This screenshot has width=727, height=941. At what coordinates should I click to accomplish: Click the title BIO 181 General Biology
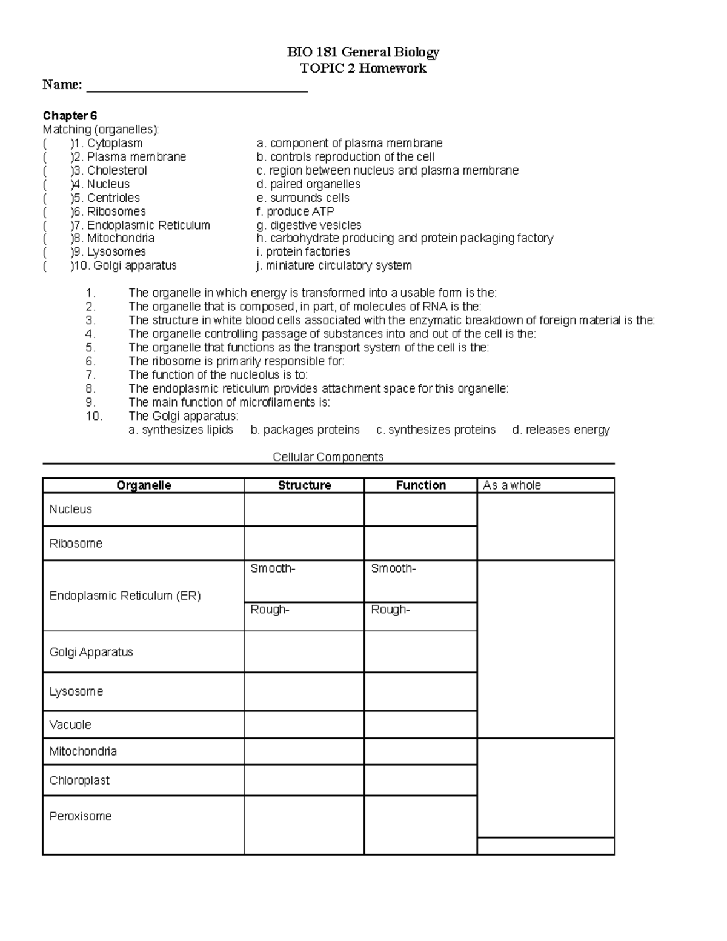click(x=363, y=52)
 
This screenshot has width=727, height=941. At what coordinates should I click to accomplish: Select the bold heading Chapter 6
click(x=70, y=116)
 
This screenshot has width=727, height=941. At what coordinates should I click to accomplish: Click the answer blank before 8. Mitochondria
click(x=57, y=238)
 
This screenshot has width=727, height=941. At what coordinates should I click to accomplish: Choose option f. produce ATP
click(x=295, y=211)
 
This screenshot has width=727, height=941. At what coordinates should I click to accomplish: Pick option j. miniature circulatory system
click(x=334, y=265)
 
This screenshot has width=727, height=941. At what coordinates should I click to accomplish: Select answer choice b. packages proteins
click(x=305, y=430)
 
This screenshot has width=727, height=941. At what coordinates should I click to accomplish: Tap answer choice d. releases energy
click(x=560, y=430)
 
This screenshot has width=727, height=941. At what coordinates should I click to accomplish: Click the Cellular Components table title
click(x=328, y=457)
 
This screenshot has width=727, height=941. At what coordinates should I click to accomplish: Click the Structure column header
click(x=304, y=485)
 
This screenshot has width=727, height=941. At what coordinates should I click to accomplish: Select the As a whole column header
click(x=512, y=485)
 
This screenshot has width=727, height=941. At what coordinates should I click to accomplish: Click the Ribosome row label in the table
click(x=76, y=544)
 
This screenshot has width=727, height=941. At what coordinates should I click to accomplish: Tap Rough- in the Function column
click(x=390, y=610)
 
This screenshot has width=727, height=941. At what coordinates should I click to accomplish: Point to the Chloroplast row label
click(x=79, y=780)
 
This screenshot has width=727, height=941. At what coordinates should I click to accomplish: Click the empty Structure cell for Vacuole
click(x=304, y=725)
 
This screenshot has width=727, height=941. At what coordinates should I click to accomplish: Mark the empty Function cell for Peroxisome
click(x=420, y=825)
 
